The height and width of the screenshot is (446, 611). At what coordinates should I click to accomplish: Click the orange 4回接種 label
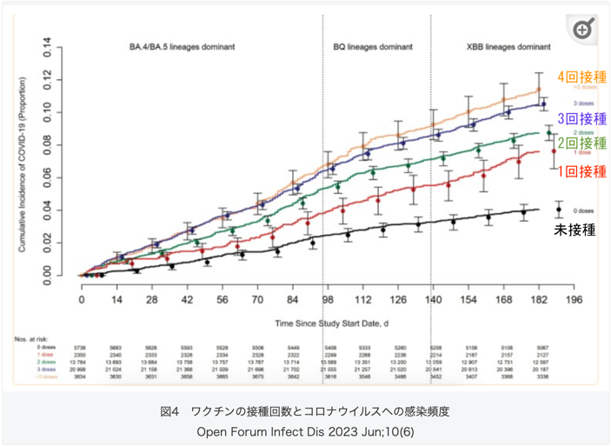point(581,77)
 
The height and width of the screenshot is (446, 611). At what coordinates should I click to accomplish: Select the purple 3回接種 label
point(581,118)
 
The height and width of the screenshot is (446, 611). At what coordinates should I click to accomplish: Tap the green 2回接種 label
point(581,143)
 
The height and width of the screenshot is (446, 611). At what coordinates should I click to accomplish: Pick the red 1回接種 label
point(581,171)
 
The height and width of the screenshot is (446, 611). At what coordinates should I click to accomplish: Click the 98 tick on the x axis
point(328,299)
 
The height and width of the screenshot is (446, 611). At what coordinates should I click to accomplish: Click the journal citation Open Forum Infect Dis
point(305,429)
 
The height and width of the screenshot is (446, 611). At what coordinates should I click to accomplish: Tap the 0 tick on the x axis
point(82,299)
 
